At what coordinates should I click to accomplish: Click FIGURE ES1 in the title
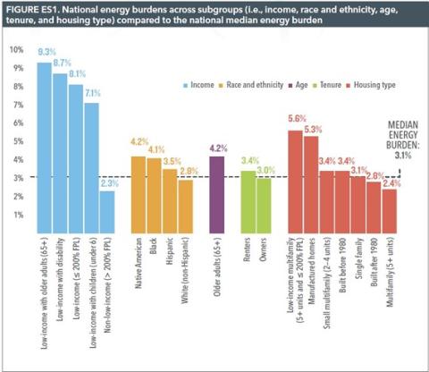(34, 12)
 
